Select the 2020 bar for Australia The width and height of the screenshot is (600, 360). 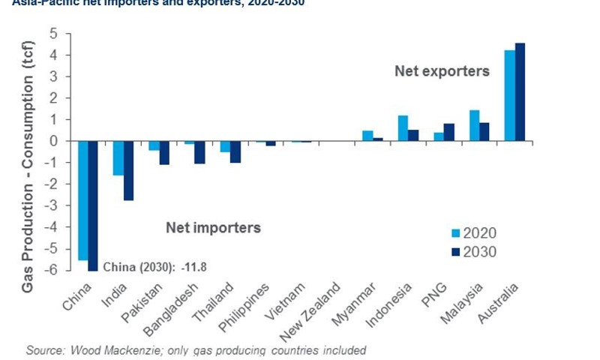pos(509,95)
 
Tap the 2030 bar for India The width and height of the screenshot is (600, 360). pos(129,170)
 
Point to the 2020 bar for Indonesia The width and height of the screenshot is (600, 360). pos(403,128)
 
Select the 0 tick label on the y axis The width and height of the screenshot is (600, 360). pos(53,141)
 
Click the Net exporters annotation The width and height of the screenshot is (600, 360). pos(442,72)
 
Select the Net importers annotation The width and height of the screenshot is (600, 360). pos(213,226)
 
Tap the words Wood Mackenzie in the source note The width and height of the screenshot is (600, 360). pos(108,350)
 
